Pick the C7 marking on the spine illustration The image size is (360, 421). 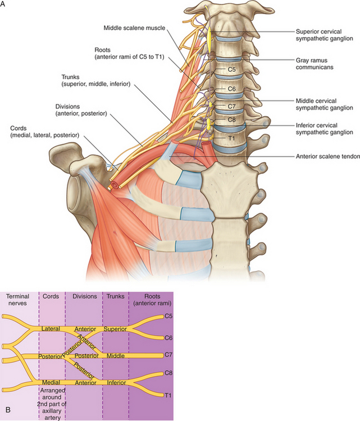231,106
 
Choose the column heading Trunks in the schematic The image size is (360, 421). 115,296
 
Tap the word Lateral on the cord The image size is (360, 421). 51,328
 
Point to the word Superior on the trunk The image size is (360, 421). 115,328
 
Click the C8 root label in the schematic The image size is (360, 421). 168,373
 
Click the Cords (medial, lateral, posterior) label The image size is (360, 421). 44,131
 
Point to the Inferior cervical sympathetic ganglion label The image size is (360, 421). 324,129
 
